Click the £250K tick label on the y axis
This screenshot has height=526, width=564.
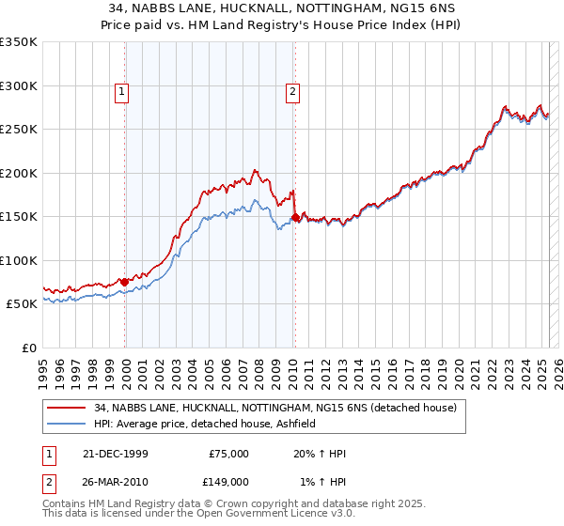[19, 130]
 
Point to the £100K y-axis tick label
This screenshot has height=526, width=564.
[19, 260]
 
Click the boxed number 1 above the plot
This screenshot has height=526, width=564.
[123, 92]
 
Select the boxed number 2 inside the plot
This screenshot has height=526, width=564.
[293, 92]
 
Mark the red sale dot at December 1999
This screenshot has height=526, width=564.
[125, 282]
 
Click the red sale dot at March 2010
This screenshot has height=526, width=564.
[295, 218]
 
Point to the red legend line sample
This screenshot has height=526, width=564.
[67, 408]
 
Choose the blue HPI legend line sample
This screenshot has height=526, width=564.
[67, 424]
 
